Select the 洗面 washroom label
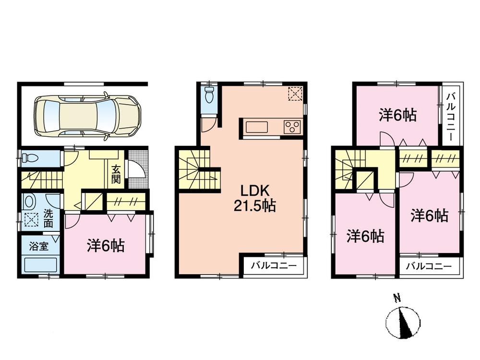point(49,220)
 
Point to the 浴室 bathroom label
point(38,247)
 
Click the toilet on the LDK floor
point(209,96)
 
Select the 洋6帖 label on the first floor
point(106,246)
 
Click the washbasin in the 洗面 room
point(30,200)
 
